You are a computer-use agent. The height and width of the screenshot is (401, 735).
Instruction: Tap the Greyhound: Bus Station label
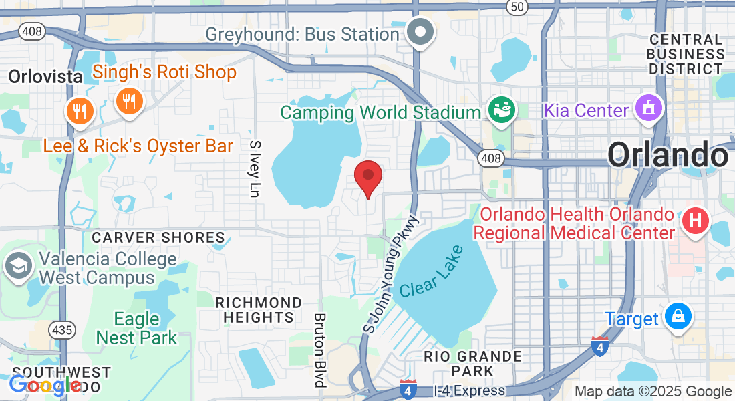(302, 33)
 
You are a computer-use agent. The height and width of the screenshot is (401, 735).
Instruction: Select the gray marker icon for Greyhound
(421, 31)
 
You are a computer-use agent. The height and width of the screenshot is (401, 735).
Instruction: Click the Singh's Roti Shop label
(164, 72)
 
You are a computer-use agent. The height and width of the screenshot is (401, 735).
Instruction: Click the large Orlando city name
(667, 155)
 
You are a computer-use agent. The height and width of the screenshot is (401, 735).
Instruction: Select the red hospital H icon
(695, 220)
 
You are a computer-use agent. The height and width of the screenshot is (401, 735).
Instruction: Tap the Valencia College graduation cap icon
(19, 266)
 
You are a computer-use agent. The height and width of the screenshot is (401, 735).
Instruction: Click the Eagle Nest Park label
(136, 328)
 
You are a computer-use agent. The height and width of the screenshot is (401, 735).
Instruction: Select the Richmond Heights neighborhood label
(258, 310)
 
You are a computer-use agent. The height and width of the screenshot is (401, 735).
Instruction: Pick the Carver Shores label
(158, 237)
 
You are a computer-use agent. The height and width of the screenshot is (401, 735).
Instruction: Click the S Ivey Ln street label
(253, 168)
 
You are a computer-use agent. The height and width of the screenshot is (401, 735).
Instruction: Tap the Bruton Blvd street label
(319, 350)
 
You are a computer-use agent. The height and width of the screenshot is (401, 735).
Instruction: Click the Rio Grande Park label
(472, 362)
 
